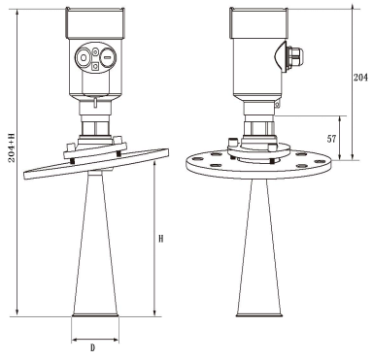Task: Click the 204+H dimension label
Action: (x=12, y=147)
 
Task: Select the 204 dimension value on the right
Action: (x=360, y=78)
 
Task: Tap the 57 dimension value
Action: (x=331, y=139)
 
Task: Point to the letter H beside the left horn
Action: (x=161, y=239)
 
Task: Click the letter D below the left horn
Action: (x=92, y=348)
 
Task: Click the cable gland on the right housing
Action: (x=296, y=56)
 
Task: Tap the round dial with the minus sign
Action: (x=107, y=58)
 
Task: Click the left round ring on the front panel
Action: (x=84, y=58)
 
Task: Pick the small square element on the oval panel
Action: (x=95, y=67)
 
